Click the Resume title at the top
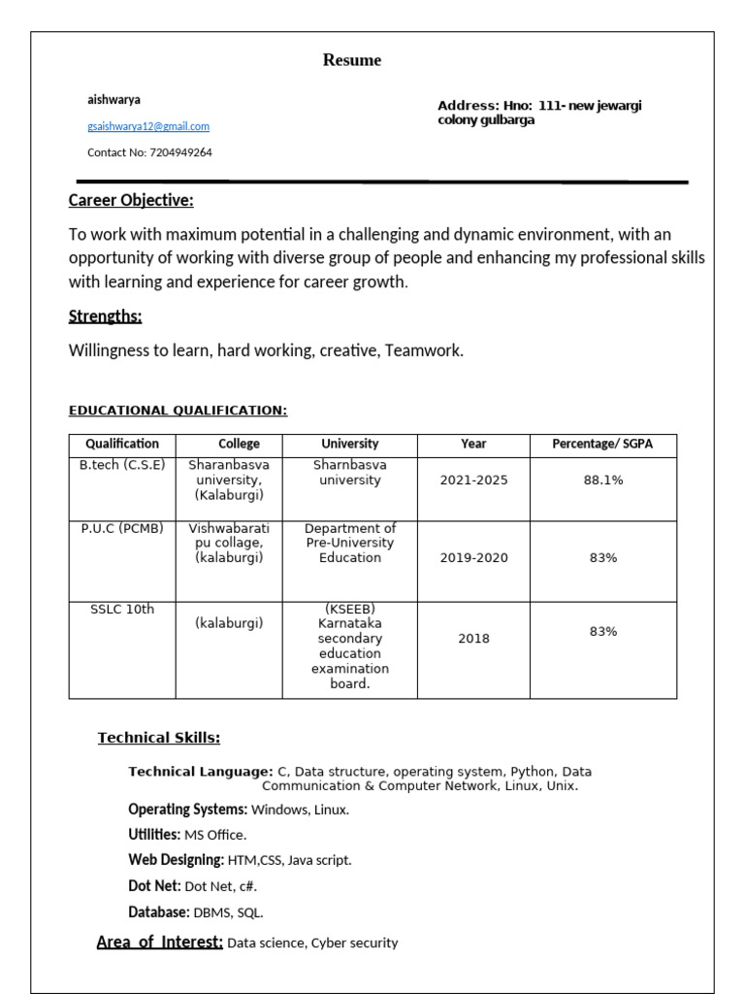point(352,60)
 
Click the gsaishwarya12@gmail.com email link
point(148,126)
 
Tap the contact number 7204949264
point(180,152)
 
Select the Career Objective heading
point(131,201)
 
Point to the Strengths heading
point(105,316)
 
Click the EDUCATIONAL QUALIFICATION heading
point(178,411)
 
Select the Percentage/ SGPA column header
point(602,444)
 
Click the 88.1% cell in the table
point(602,480)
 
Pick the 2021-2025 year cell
point(473,480)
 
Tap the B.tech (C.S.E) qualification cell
point(122,465)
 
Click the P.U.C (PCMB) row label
point(122,528)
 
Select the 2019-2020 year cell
point(473,558)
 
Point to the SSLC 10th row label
point(122,609)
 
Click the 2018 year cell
point(473,639)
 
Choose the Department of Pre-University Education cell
point(350,543)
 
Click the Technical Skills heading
point(159,738)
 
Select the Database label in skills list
point(158,912)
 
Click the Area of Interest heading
point(160,942)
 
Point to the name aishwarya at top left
point(113,99)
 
